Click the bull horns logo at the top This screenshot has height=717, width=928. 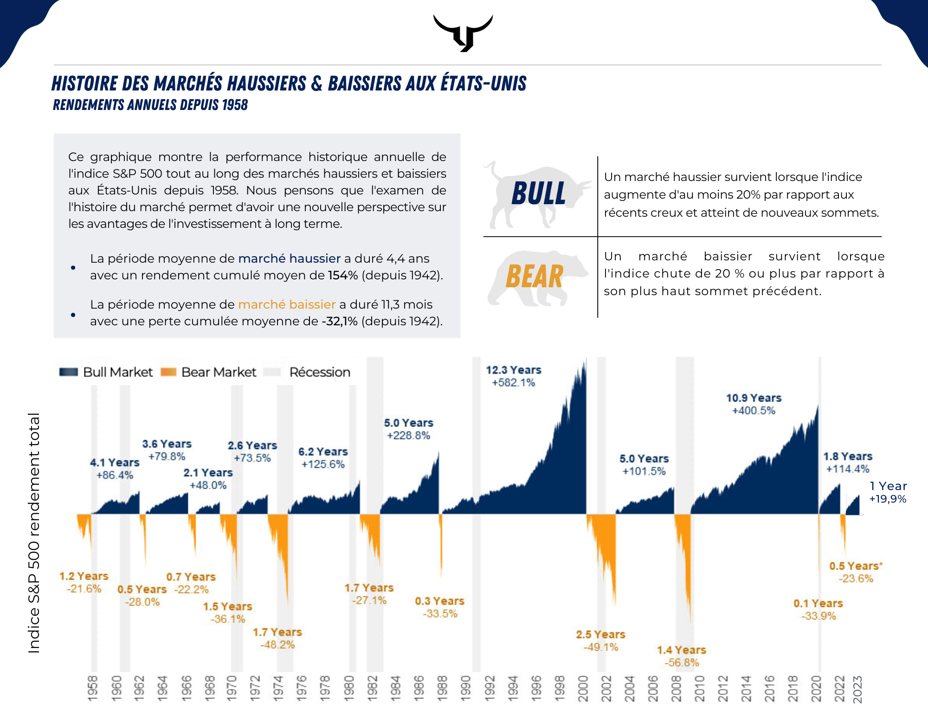pos(463,32)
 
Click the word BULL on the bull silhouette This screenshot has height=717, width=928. pos(539,193)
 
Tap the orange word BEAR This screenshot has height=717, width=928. pos(535,277)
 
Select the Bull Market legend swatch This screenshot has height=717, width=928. pos(69,372)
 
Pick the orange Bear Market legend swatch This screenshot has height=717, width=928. pos(168,372)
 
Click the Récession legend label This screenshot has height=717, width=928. pos(320,372)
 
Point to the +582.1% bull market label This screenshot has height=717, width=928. pos(514,383)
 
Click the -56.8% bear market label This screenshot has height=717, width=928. pos(682,663)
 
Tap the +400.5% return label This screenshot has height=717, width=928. pos(754,411)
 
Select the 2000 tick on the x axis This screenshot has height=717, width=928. pos(583,689)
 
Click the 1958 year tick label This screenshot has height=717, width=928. pos(93,689)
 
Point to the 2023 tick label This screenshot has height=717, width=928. pos(857,690)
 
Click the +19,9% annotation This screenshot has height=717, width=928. pos(888,499)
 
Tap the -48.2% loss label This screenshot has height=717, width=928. pos(277,645)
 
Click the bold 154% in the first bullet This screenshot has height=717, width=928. pos(343,275)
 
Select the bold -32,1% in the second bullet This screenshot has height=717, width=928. pos(340,321)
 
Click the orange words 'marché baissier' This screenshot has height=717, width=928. pos(287,304)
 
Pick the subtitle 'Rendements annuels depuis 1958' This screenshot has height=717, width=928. pos(150,105)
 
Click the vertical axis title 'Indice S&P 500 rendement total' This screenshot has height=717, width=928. pos(34,533)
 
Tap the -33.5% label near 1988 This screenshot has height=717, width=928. pos(440,614)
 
